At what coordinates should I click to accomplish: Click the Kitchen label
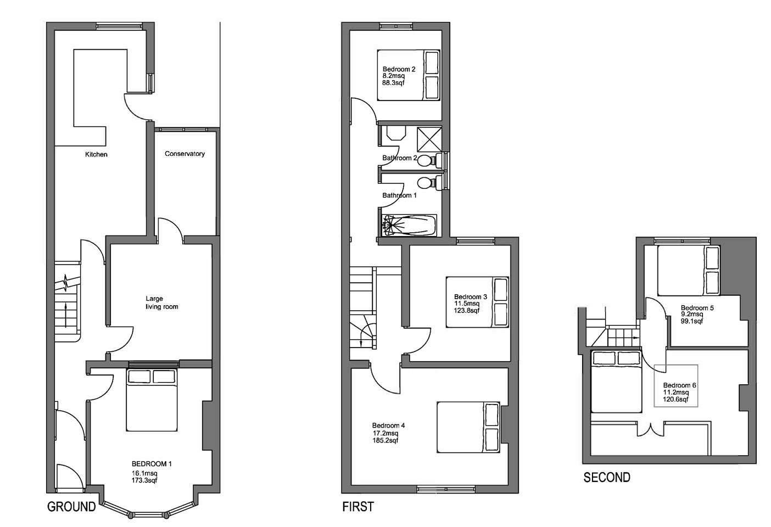click(x=96, y=155)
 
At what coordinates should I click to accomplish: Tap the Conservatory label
click(x=185, y=154)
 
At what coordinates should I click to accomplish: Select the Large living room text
click(x=161, y=303)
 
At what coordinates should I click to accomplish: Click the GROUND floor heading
click(x=71, y=507)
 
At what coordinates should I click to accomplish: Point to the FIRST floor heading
click(x=358, y=507)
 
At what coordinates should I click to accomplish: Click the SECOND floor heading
click(x=606, y=478)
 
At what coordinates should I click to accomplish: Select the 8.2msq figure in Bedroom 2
click(x=393, y=76)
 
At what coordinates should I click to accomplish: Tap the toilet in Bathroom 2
click(x=428, y=160)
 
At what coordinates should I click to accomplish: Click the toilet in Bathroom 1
click(x=428, y=182)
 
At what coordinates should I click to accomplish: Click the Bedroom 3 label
click(x=470, y=297)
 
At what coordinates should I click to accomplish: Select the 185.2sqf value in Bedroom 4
click(x=385, y=440)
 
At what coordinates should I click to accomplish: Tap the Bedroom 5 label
click(x=697, y=308)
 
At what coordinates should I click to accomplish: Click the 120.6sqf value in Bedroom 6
click(x=675, y=400)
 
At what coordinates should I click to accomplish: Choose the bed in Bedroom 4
click(x=468, y=428)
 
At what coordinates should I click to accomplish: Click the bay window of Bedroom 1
click(x=149, y=513)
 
